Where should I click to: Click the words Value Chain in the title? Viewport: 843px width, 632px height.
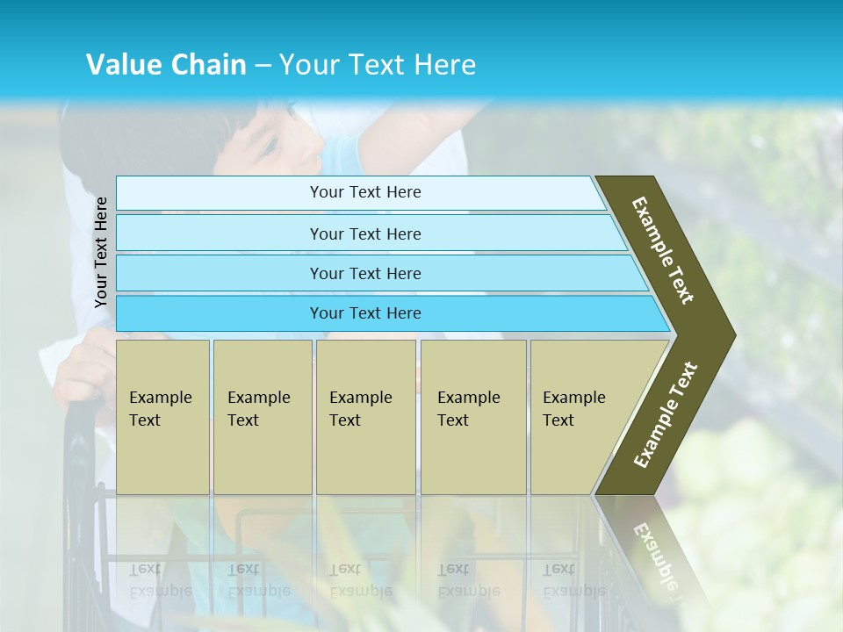point(166,65)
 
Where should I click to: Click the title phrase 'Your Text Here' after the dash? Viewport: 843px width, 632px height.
point(378,65)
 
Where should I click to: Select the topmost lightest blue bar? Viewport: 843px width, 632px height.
point(220,192)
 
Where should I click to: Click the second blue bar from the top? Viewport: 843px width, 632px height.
point(220,233)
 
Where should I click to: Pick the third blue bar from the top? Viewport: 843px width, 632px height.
point(220,273)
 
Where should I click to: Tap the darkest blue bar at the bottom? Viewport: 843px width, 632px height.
point(220,313)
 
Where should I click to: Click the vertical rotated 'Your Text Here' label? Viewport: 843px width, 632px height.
point(101,252)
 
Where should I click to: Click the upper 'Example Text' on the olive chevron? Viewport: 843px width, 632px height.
point(663,250)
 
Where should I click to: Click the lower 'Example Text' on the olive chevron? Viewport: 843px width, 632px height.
point(666,414)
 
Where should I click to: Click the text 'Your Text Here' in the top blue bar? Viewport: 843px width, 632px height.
point(365,192)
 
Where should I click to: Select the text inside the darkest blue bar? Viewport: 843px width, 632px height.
point(365,313)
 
